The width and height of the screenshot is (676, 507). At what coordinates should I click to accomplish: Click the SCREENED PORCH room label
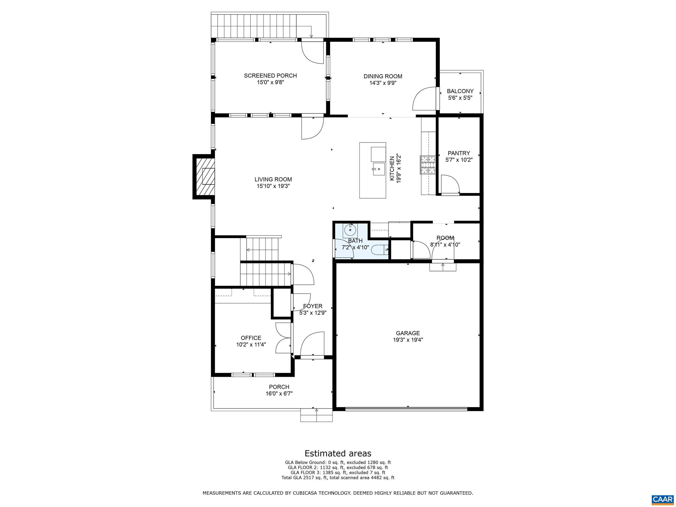270,75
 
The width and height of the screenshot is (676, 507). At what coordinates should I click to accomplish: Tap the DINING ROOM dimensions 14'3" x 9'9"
383,83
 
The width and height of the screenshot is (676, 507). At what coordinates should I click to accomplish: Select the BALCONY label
460,91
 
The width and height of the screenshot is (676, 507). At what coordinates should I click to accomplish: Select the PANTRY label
459,153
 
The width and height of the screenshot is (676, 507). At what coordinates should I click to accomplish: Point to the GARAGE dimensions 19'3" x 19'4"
408,340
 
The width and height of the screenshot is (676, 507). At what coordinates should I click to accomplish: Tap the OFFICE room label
251,338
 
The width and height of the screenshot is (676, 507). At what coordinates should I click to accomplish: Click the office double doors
283,338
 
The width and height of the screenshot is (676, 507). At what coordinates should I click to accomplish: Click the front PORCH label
279,387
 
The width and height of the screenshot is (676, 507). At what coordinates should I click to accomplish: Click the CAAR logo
662,499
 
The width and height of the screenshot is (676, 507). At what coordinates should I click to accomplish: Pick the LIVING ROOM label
273,179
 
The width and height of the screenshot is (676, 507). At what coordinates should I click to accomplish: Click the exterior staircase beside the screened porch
254,26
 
